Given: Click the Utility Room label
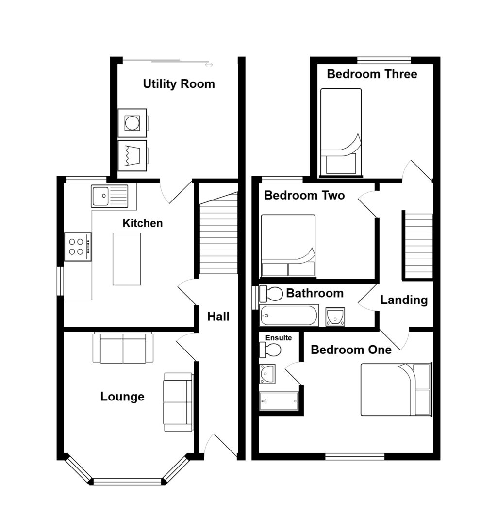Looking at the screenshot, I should pyautogui.click(x=179, y=84).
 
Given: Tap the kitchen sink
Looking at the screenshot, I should pyautogui.click(x=110, y=196).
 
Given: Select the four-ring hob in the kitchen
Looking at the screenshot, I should pyautogui.click(x=78, y=247).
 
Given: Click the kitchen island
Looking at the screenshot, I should pyautogui.click(x=127, y=259).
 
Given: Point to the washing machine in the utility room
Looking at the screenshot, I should pyautogui.click(x=132, y=122).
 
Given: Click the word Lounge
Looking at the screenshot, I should pyautogui.click(x=122, y=397).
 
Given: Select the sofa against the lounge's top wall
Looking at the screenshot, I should pyautogui.click(x=123, y=348).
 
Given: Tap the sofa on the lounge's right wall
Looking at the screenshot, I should pyautogui.click(x=178, y=401).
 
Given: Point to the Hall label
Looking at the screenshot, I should pyautogui.click(x=218, y=317).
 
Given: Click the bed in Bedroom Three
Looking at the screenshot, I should pyautogui.click(x=341, y=132).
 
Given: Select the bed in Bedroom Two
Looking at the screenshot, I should pyautogui.click(x=288, y=246).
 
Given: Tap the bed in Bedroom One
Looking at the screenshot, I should pyautogui.click(x=396, y=389).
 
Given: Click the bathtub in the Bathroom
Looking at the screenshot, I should pyautogui.click(x=289, y=316).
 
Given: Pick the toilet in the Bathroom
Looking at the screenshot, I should pyautogui.click(x=271, y=294).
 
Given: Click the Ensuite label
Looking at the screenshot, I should pyautogui.click(x=279, y=337).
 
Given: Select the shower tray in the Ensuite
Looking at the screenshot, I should pyautogui.click(x=279, y=401).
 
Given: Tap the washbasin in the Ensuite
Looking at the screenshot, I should pyautogui.click(x=267, y=373).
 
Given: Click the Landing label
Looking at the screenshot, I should pyautogui.click(x=404, y=300).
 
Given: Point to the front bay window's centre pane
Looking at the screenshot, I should pyautogui.click(x=127, y=482).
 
